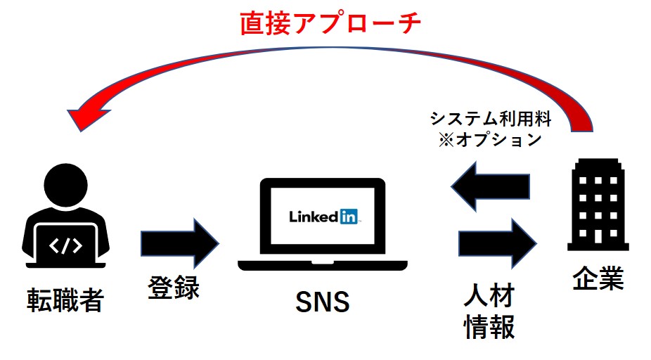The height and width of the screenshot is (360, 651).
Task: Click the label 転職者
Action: pos(65,300)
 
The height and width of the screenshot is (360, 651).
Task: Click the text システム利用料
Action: pos(490,118)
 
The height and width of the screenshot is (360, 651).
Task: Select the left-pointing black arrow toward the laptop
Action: pos(489,186)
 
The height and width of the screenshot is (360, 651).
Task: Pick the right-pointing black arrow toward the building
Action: pos(496,241)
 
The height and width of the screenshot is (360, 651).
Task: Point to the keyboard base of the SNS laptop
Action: pos(322,265)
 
